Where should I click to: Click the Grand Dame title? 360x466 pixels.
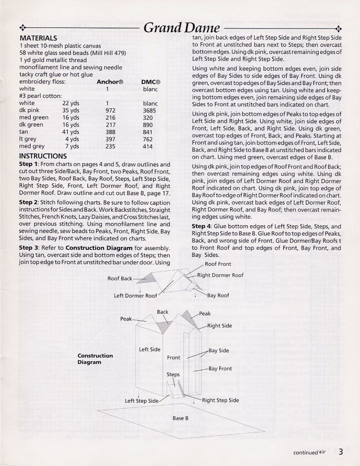181,28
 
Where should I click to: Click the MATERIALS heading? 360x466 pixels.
38,38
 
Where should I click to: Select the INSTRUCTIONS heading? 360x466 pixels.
43,156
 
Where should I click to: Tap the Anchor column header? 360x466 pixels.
110,82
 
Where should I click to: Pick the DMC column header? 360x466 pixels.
150,82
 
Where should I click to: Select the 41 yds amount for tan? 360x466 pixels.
71,132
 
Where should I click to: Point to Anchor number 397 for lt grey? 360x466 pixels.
110,139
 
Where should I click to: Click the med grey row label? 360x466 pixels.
32,146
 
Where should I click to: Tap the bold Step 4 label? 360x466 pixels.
201,226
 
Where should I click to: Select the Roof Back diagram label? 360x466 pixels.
120,278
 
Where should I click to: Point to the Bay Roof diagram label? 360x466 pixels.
218,295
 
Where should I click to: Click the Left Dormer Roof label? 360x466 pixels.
135,296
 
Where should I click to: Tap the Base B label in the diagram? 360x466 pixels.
180,418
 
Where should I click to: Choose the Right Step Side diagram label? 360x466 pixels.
220,400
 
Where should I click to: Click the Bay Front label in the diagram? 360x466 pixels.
220,369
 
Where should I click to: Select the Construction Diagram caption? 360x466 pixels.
95,359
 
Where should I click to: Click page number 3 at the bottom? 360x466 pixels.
341,452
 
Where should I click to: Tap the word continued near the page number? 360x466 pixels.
306,453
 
